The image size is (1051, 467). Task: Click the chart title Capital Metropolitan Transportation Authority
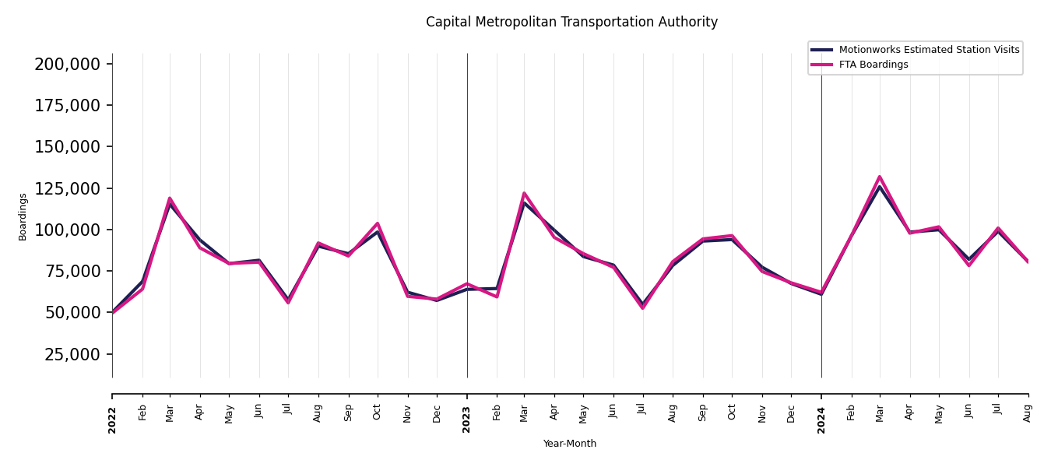click(x=571, y=23)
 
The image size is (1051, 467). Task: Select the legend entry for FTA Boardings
click(x=873, y=65)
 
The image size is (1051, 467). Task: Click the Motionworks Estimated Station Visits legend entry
click(x=928, y=50)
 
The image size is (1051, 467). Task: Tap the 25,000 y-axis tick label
click(x=72, y=354)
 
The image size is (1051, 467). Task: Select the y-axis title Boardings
click(x=23, y=216)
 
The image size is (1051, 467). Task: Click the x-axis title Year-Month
click(x=570, y=444)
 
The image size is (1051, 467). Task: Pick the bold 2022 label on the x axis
click(x=112, y=420)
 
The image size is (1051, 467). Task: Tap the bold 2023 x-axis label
click(x=467, y=420)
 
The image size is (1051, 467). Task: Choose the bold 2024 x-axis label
click(x=821, y=420)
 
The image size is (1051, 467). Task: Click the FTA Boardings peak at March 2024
click(x=880, y=177)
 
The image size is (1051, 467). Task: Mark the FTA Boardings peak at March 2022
click(x=170, y=198)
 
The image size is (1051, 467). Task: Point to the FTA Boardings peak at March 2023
click(x=524, y=193)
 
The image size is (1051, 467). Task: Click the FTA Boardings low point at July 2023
click(x=643, y=308)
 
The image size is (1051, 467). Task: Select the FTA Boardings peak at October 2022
click(x=378, y=223)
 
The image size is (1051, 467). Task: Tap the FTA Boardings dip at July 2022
click(x=288, y=303)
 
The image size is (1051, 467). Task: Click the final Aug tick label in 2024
click(x=1028, y=413)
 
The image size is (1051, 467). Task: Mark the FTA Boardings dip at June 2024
click(x=969, y=265)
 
